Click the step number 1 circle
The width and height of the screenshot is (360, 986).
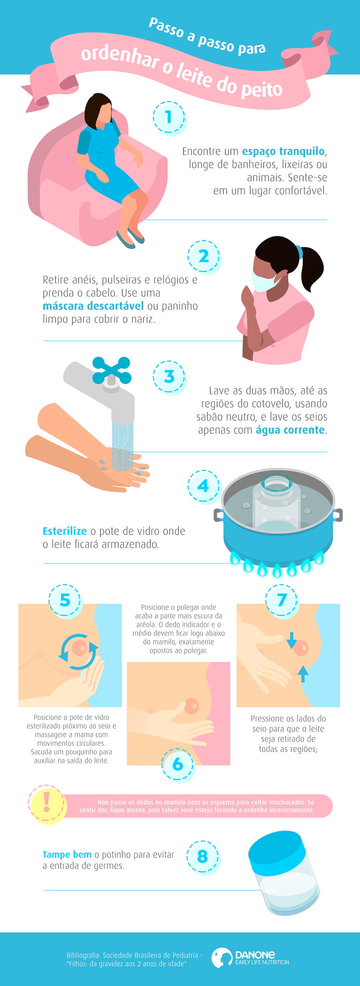tap(169, 118)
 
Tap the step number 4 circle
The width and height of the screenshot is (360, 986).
tap(204, 486)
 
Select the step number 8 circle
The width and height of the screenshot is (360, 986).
tap(203, 857)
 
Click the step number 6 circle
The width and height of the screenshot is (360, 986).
tap(178, 764)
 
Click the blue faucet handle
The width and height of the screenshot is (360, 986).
tap(112, 370)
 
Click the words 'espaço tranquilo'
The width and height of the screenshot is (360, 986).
tap(283, 152)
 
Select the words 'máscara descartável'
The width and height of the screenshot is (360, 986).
tap(93, 306)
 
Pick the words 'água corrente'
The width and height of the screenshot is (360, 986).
tap(290, 430)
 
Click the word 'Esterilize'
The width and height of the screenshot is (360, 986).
tap(65, 531)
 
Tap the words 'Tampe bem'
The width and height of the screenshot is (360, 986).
tap(67, 855)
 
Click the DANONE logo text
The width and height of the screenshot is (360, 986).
tap(255, 955)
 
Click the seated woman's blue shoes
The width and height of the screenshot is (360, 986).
tap(131, 237)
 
